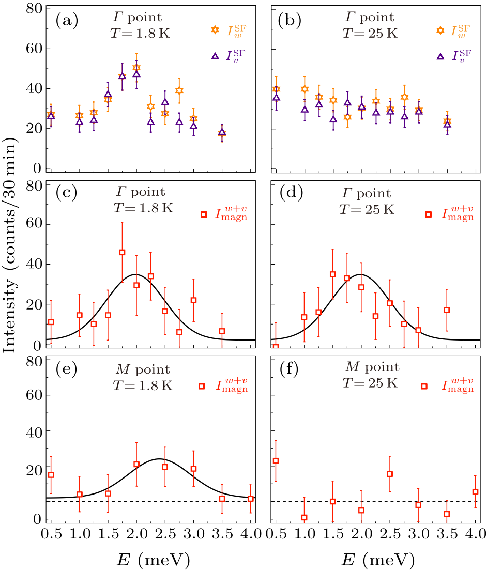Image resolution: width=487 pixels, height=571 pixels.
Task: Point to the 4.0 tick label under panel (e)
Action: pyautogui.click(x=250, y=533)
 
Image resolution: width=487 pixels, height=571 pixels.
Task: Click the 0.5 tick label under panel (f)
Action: pyautogui.click(x=276, y=533)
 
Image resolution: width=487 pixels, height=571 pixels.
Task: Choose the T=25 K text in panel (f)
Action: pyautogui.click(x=369, y=383)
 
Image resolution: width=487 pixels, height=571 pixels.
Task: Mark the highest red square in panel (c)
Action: pyautogui.click(x=123, y=252)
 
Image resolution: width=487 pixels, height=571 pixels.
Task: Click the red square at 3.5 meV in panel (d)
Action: pyautogui.click(x=447, y=310)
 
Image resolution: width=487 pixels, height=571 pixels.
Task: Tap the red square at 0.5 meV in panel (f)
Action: pyautogui.click(x=276, y=460)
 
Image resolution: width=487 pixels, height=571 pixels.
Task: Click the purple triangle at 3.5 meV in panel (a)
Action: pyautogui.click(x=222, y=132)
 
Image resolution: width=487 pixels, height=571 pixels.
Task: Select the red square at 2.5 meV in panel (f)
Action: pyautogui.click(x=390, y=474)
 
